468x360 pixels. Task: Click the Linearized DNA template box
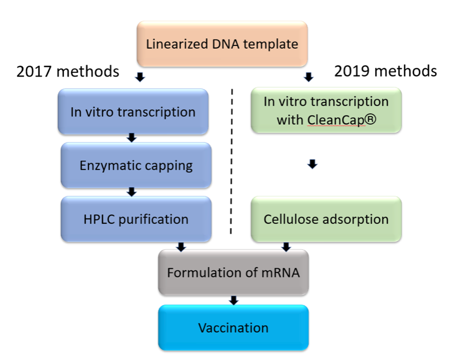(222, 44)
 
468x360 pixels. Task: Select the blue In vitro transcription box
(133, 112)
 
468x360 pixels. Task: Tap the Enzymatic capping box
(136, 165)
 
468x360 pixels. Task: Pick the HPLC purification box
(136, 219)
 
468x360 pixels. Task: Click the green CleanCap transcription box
(326, 110)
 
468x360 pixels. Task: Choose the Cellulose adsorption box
(326, 219)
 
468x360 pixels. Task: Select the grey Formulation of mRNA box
(233, 272)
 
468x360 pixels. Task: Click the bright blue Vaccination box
(233, 328)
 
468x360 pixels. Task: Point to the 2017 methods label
(68, 72)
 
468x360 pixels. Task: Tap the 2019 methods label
(385, 71)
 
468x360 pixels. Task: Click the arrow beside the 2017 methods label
(140, 77)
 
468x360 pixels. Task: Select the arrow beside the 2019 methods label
(308, 77)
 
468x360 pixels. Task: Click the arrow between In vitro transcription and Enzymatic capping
(132, 138)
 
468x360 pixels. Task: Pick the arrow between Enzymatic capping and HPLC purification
(132, 192)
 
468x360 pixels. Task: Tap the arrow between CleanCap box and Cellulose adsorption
(313, 164)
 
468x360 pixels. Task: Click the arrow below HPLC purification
(181, 247)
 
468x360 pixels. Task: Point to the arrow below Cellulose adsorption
(286, 247)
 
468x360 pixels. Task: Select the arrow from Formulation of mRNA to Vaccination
(233, 300)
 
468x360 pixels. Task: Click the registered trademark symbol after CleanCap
(370, 120)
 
